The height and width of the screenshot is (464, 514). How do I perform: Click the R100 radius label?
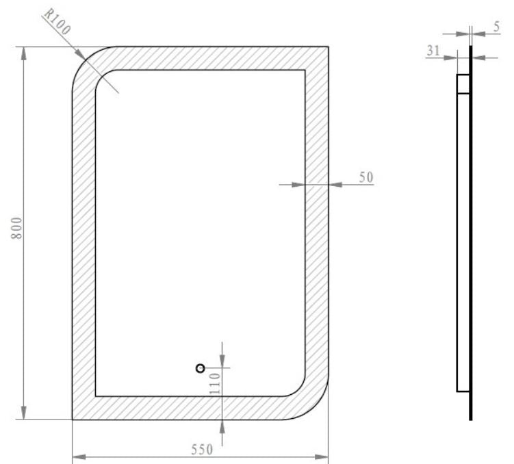tap(58, 23)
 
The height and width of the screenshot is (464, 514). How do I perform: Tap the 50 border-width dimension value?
tap(366, 177)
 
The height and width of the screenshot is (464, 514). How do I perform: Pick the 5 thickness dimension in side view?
tap(496, 27)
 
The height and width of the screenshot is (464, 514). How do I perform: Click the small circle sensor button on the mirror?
tap(201, 368)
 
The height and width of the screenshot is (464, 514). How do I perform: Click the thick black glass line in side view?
tap(471, 240)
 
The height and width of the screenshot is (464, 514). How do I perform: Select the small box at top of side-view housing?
tap(463, 83)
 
